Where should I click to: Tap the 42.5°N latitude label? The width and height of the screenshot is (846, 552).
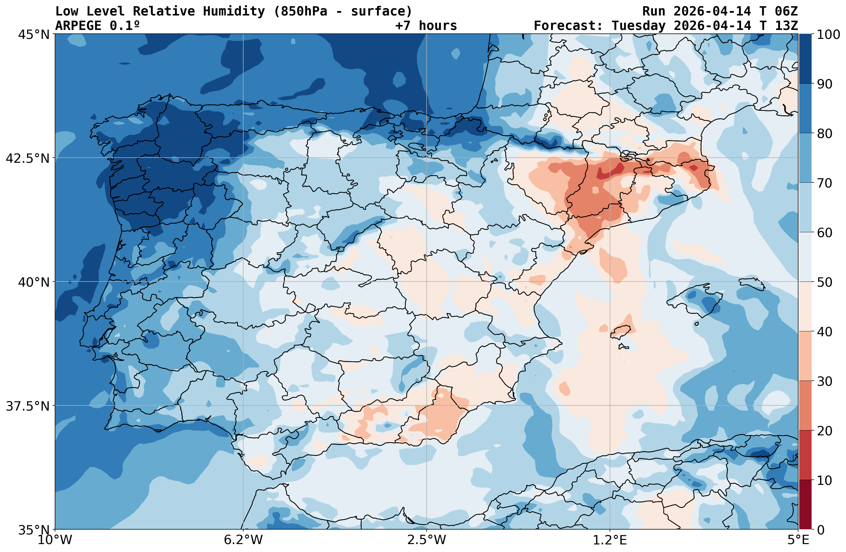pyautogui.click(x=28, y=158)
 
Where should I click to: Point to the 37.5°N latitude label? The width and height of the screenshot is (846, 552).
pyautogui.click(x=28, y=406)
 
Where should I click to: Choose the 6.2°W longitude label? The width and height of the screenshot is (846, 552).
pyautogui.click(x=243, y=540)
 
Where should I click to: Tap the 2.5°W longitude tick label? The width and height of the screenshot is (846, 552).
pyautogui.click(x=427, y=540)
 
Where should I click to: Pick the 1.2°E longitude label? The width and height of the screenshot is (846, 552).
pyautogui.click(x=610, y=540)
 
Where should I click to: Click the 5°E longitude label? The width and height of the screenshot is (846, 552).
pyautogui.click(x=799, y=540)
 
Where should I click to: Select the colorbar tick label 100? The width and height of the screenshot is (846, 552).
pyautogui.click(x=828, y=35)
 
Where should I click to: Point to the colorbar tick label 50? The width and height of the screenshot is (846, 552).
pyautogui.click(x=825, y=283)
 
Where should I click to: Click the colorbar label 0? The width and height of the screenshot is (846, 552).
pyautogui.click(x=821, y=530)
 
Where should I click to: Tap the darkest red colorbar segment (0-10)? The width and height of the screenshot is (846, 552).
pyautogui.click(x=805, y=505)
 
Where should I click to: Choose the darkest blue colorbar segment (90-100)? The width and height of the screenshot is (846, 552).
pyautogui.click(x=805, y=59)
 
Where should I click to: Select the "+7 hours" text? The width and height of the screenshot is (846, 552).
pyautogui.click(x=426, y=26)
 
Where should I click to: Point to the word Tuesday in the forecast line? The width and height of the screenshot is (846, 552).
pyautogui.click(x=639, y=26)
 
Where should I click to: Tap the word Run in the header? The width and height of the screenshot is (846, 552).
pyautogui.click(x=654, y=11)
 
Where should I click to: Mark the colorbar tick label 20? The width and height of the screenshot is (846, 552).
pyautogui.click(x=825, y=431)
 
